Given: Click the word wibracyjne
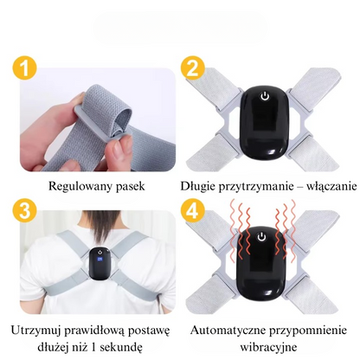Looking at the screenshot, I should [268, 347].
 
